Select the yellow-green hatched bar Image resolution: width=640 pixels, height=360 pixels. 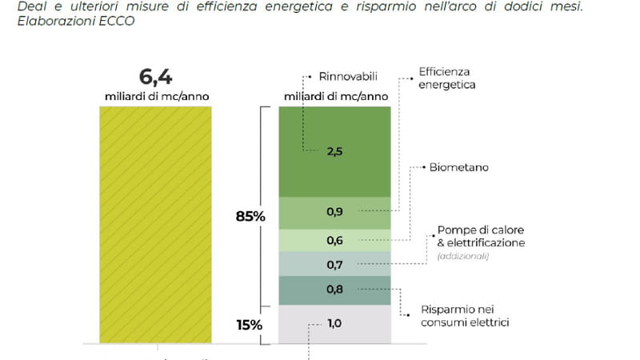(155, 224)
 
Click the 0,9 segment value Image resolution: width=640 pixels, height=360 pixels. (334, 212)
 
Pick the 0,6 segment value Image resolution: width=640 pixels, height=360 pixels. (334, 240)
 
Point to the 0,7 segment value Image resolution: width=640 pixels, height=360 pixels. (334, 263)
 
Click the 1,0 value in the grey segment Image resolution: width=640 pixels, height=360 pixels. (334, 323)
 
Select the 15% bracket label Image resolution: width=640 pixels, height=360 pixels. (249, 325)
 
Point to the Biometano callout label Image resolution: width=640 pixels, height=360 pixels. (459, 168)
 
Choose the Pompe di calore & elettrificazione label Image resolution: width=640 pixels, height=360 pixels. (481, 236)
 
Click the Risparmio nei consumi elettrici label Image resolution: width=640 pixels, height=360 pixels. (466, 316)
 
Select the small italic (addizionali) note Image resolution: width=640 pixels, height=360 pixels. (463, 256)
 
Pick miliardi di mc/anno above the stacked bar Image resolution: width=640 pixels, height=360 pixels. (336, 97)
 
